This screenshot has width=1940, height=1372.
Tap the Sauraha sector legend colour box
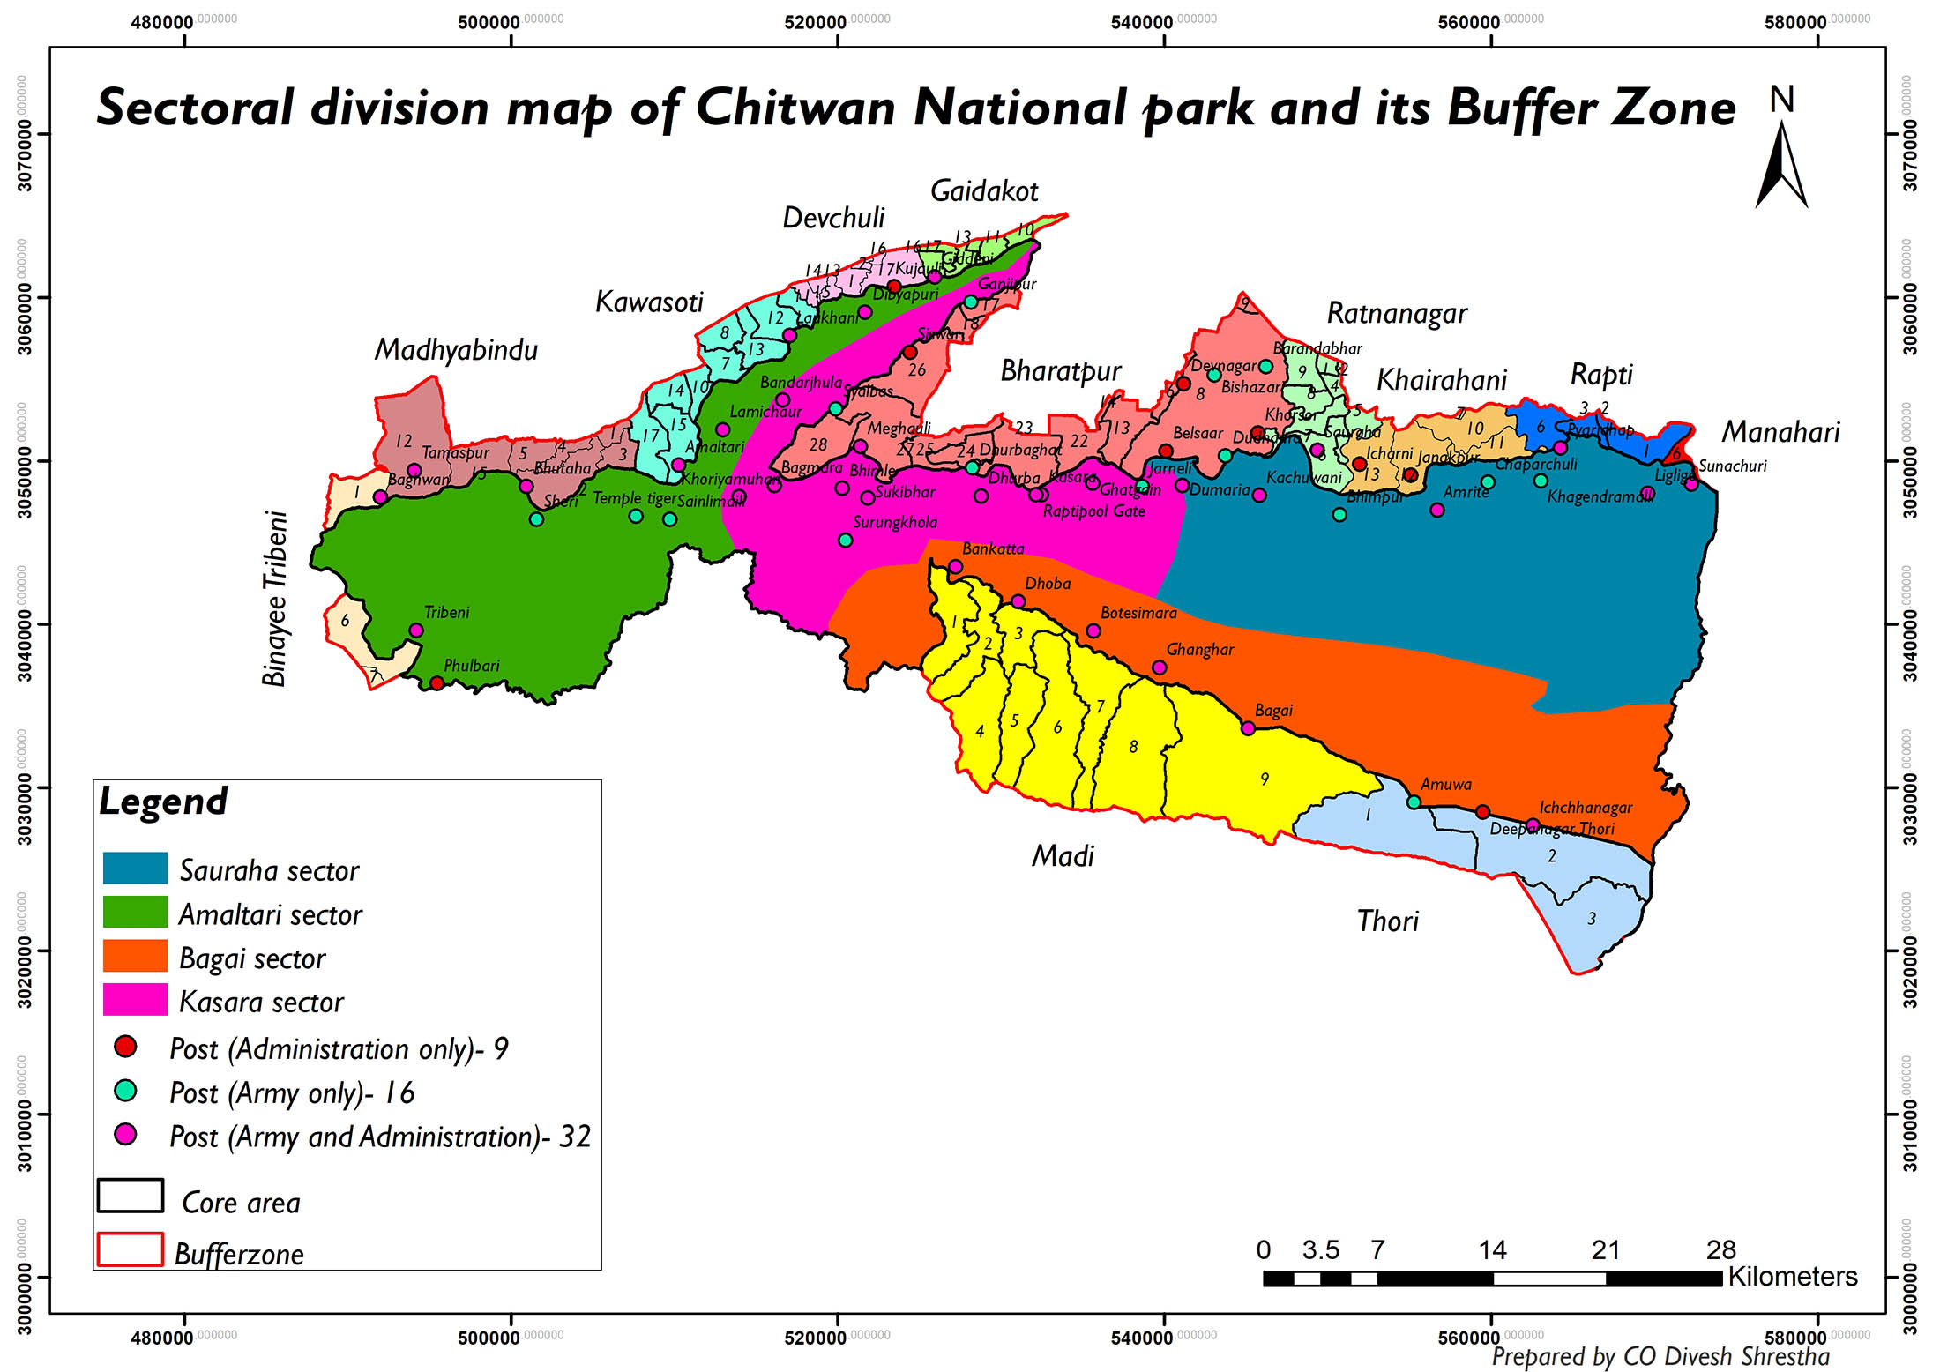135,869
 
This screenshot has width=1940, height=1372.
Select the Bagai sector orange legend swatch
135,956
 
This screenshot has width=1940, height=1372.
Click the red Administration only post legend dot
125,1047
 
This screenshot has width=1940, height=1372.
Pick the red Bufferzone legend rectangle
131,1249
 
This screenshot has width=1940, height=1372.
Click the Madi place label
1063,856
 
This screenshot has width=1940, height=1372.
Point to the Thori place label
1387,921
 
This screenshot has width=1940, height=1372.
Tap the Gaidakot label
984,191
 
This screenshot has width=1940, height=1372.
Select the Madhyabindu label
456,350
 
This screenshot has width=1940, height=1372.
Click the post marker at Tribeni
416,630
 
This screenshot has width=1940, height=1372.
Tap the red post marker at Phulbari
436,683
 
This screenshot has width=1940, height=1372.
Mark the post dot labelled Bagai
1248,728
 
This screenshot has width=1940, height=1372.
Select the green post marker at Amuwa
1414,802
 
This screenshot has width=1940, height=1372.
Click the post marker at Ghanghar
1160,667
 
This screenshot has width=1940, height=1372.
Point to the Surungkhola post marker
845,540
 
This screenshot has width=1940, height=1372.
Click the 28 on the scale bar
1720,1250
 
